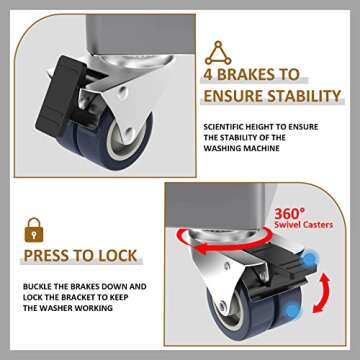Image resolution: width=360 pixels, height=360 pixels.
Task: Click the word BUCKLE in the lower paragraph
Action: click(x=36, y=286)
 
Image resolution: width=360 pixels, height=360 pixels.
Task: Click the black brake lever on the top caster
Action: click(x=71, y=76)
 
